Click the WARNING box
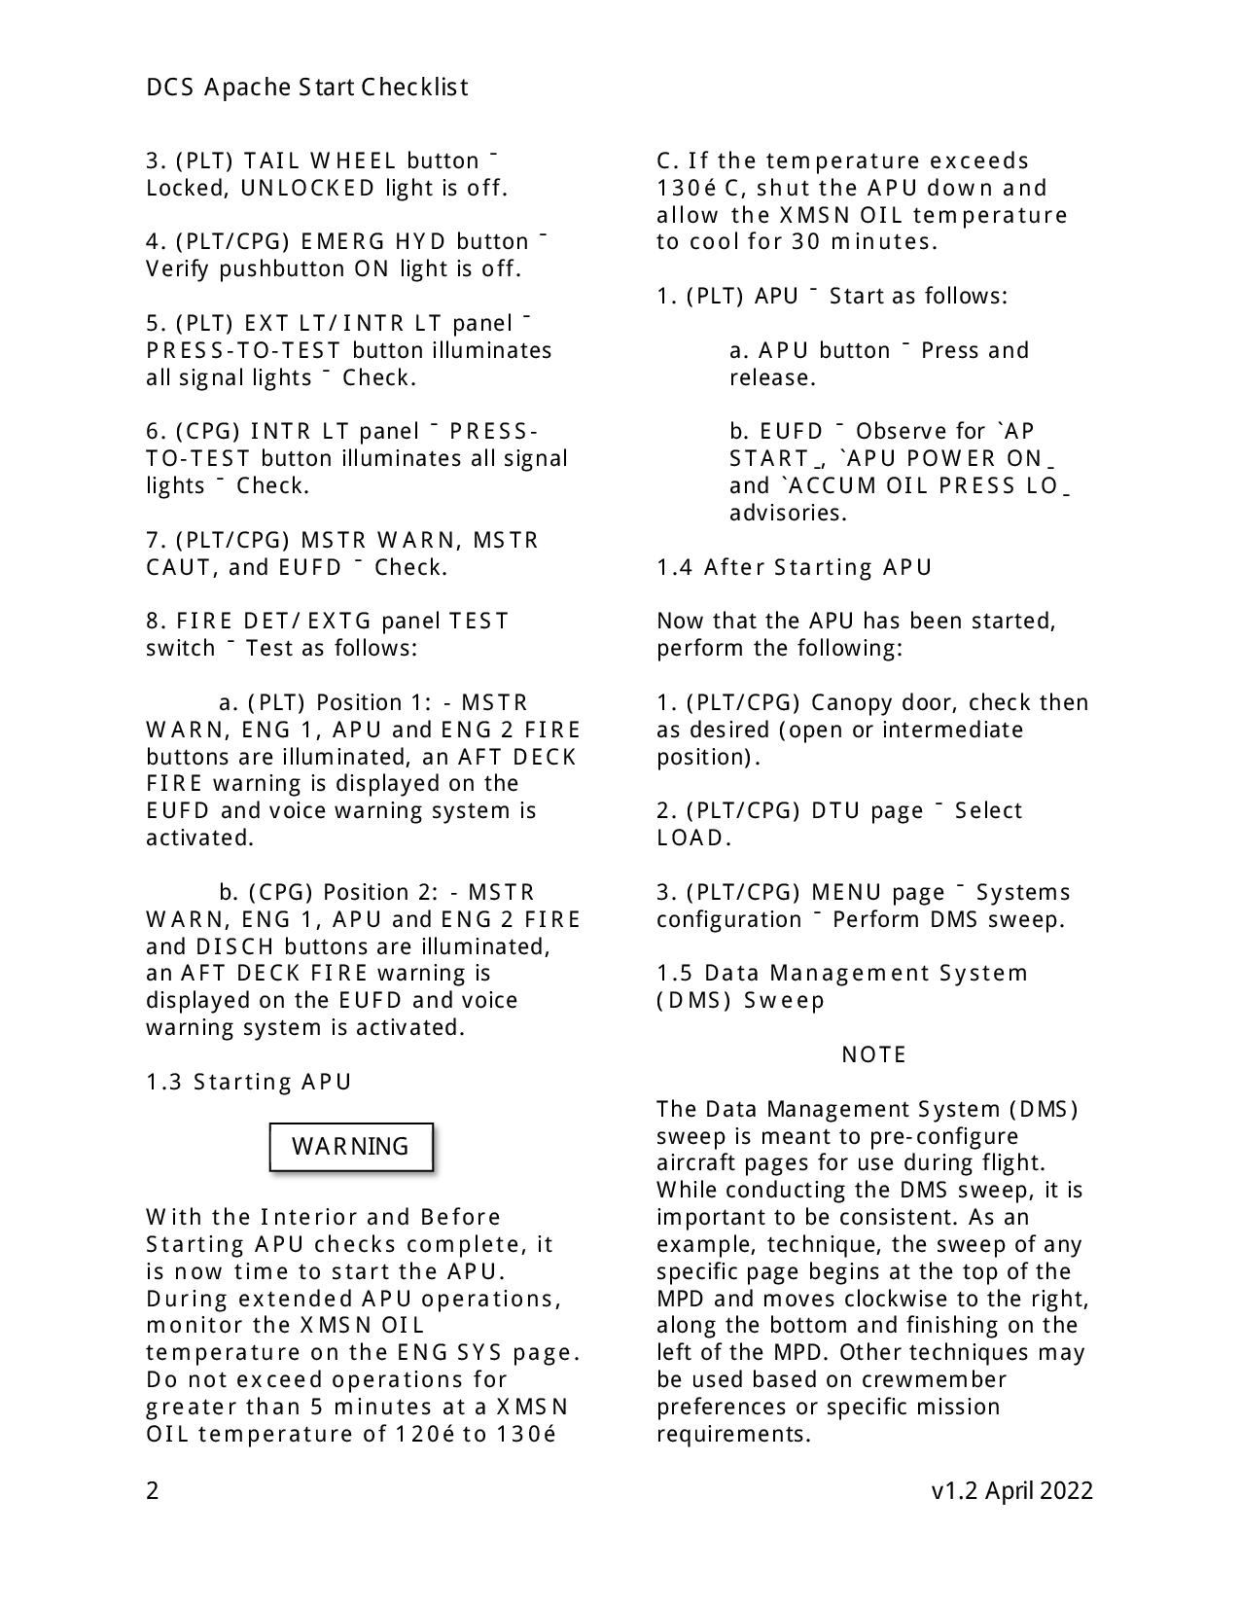[x=350, y=1147]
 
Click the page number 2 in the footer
[x=153, y=1490]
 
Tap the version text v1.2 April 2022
[x=1011, y=1490]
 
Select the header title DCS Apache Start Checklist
[x=307, y=88]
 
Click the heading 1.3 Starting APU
[x=249, y=1082]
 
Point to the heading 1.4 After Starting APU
[x=795, y=567]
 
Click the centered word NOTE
[x=873, y=1054]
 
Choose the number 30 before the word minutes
[x=806, y=241]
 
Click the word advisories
[x=788, y=513]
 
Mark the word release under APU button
[x=772, y=377]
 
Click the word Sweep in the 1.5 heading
[x=784, y=1000]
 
